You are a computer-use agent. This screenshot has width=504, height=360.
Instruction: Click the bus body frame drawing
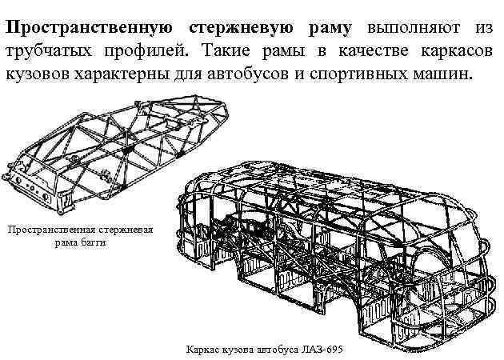click(x=336, y=248)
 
